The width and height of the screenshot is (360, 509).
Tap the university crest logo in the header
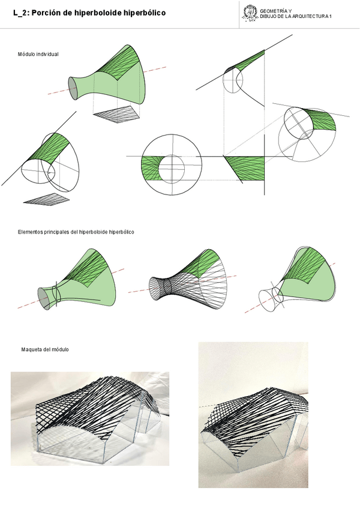click(249, 13)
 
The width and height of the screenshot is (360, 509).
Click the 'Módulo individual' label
click(38, 55)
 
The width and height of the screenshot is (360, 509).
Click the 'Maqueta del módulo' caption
click(45, 349)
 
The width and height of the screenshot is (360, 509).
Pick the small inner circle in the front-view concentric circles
click(171, 164)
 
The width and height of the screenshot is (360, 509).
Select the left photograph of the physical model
click(90, 418)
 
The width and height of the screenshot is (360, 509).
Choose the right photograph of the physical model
click(256, 414)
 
